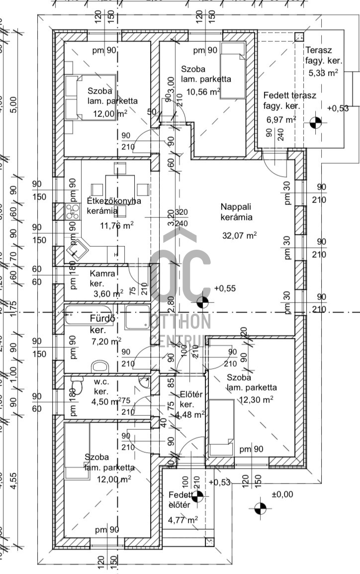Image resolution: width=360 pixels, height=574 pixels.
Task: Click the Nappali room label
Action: (x=236, y=206)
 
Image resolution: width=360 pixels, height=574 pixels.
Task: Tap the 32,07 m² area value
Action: (x=239, y=235)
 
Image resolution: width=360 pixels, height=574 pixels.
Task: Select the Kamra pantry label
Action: (x=102, y=274)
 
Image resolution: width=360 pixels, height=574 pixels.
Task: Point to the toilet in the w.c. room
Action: (x=78, y=386)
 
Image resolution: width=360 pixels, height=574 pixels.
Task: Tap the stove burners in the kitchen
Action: (x=73, y=212)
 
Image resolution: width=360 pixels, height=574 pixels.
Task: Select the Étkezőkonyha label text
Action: (x=114, y=201)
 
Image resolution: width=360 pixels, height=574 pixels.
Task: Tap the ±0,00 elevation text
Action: (x=282, y=494)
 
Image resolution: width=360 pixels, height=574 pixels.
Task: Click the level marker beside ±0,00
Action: (x=260, y=508)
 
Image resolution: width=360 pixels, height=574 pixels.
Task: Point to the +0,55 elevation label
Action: (x=225, y=288)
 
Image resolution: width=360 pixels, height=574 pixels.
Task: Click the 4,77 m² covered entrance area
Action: (x=183, y=520)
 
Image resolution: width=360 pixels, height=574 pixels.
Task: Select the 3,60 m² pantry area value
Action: (x=106, y=293)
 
